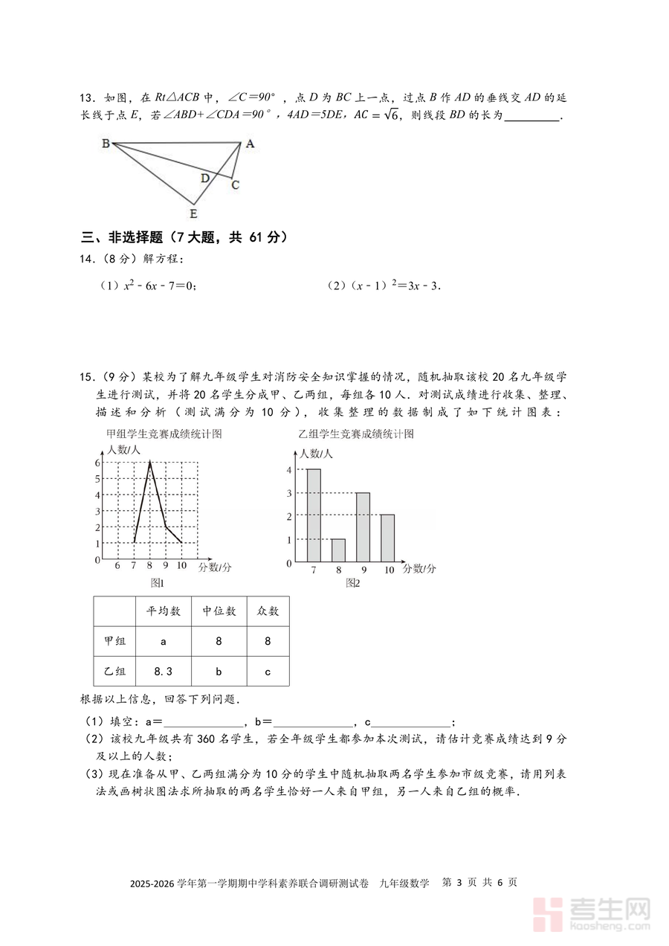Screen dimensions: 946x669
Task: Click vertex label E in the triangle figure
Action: (x=193, y=214)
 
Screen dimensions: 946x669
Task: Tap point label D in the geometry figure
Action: (x=204, y=178)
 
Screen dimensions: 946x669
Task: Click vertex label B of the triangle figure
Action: (x=106, y=144)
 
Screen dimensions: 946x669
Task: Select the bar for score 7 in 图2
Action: (x=314, y=515)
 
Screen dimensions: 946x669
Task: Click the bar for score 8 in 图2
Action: (x=338, y=550)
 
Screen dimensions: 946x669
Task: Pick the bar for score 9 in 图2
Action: (x=363, y=527)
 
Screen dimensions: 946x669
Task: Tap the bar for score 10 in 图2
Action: (x=387, y=538)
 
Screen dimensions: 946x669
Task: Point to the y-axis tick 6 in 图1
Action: (x=97, y=463)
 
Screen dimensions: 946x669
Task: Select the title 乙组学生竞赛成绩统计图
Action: (x=355, y=434)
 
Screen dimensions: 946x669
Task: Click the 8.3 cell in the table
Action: (x=164, y=672)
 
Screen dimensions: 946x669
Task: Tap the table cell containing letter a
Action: (x=164, y=641)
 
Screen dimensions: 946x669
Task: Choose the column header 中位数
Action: (x=219, y=611)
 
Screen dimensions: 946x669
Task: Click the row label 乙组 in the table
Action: (x=114, y=672)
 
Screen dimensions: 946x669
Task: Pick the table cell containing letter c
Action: (x=268, y=672)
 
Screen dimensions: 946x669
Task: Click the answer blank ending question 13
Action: (x=531, y=116)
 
